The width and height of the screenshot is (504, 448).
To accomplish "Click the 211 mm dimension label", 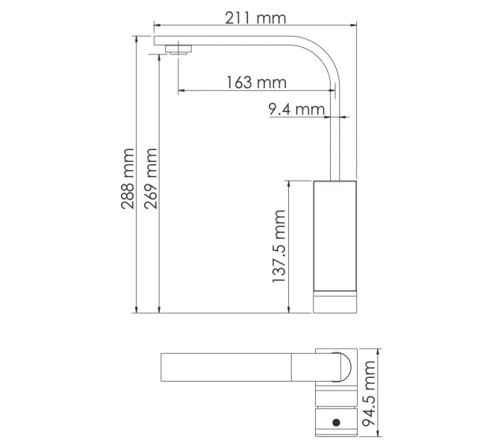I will (255, 18).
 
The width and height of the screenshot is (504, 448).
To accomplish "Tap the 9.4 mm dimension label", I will (296, 109).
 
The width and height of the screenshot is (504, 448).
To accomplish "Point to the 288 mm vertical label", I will (128, 178).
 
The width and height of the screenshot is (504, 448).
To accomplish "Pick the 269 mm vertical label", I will (151, 178).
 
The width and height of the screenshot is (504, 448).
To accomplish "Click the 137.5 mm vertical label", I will (279, 246).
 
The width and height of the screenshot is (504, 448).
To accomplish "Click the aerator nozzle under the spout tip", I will (178, 51).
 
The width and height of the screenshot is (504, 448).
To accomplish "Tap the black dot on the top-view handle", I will (336, 422).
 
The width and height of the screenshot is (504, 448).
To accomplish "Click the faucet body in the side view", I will (335, 234).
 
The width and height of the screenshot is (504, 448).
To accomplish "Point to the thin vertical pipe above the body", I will (335, 142).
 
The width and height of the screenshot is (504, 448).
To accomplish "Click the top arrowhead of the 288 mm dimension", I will (137, 37).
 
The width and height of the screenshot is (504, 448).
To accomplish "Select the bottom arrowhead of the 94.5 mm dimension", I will (379, 435).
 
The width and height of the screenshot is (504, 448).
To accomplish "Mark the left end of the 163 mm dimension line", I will (178, 92).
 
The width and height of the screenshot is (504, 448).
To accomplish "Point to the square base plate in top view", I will (335, 366).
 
